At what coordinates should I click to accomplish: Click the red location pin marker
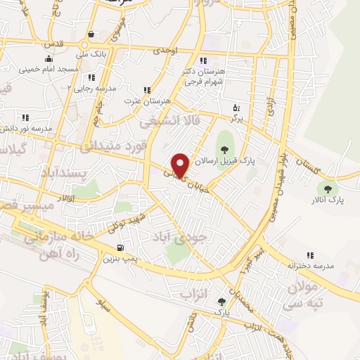point(181,165)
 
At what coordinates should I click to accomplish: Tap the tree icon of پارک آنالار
point(326,188)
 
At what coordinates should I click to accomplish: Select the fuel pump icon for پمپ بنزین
point(120,247)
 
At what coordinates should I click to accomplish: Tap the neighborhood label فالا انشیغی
point(169,122)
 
